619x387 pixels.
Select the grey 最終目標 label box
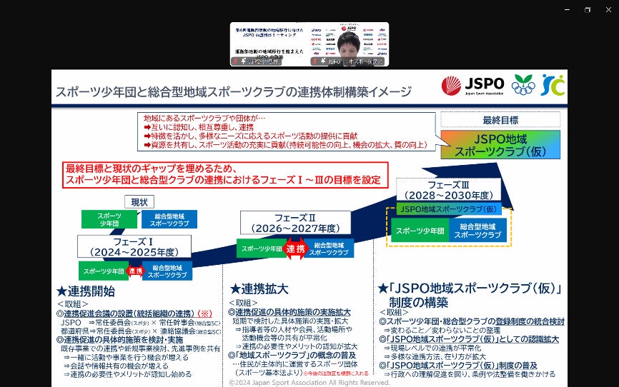click(500, 120)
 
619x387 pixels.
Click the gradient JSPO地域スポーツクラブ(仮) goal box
click(500, 144)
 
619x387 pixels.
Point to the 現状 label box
click(139, 202)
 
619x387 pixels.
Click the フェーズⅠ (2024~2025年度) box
click(134, 246)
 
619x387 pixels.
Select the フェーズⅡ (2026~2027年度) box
click(295, 222)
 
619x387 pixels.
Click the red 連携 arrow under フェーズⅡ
click(295, 248)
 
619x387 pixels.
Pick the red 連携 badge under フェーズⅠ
click(135, 271)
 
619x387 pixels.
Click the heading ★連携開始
click(85, 291)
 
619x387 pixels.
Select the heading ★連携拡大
click(259, 289)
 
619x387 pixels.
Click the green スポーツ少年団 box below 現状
click(109, 220)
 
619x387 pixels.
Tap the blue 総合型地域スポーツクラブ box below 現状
click(169, 220)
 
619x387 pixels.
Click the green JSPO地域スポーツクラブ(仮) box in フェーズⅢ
click(448, 209)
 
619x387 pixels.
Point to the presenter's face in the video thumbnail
click(349, 41)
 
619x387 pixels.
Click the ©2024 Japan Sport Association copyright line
click(309, 383)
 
